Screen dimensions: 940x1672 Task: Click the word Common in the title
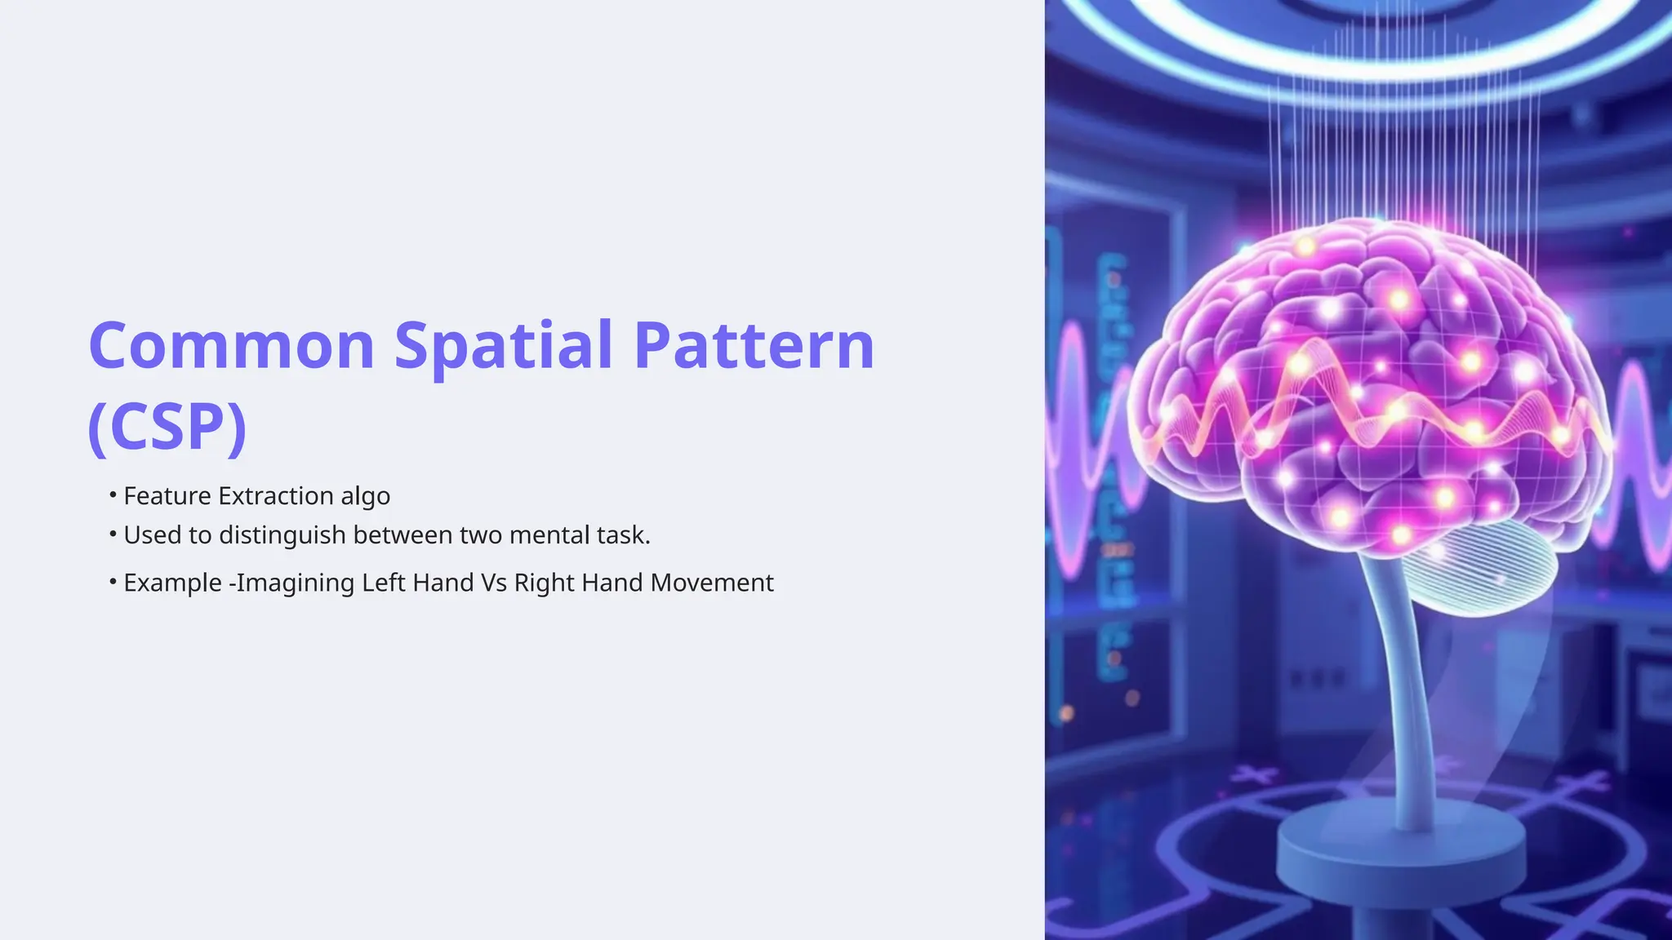(231, 345)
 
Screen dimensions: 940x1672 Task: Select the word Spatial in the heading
(503, 345)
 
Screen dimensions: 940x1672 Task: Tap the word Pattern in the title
(754, 345)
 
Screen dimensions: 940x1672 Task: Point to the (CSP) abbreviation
(167, 426)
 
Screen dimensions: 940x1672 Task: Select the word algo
(365, 497)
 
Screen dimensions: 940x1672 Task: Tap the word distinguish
(282, 535)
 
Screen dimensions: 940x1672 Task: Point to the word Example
(172, 583)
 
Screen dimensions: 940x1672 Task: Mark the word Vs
(494, 583)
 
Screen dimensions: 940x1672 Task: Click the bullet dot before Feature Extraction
(113, 494)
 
